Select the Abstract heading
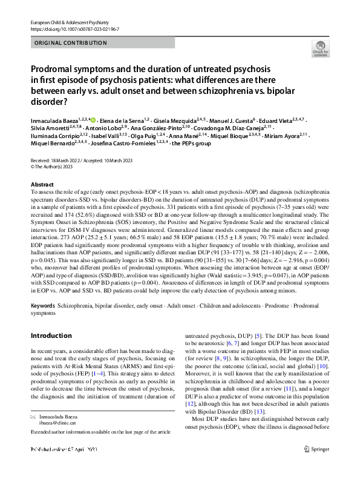tap(41, 184)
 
